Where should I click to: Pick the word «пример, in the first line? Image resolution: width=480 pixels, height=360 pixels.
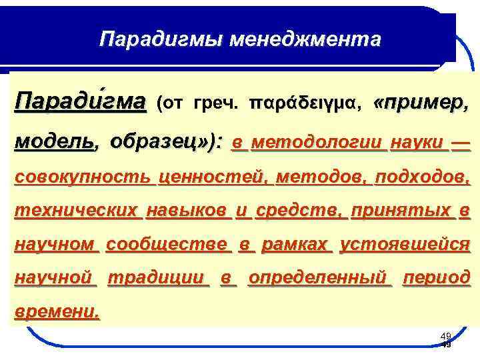(x=422, y=104)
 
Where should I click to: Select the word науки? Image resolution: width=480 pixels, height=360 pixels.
(x=418, y=142)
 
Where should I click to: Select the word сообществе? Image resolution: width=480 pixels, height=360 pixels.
(x=167, y=245)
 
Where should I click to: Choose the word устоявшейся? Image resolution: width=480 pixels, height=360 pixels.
(x=405, y=245)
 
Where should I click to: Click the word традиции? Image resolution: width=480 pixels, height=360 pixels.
(x=157, y=277)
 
